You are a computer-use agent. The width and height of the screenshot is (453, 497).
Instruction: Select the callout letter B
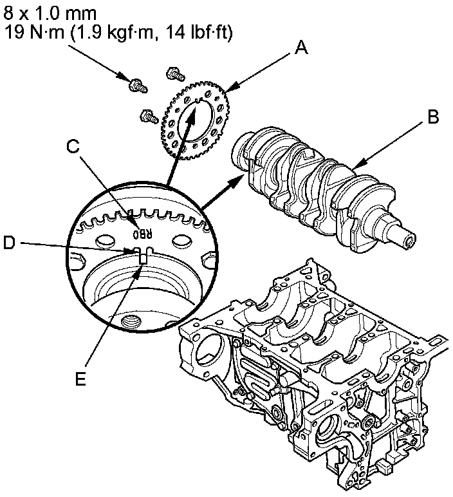pyautogui.click(x=433, y=117)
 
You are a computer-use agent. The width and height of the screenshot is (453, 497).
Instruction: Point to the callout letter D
pyautogui.click(x=8, y=243)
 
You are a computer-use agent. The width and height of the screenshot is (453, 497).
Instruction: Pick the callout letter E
pyautogui.click(x=79, y=379)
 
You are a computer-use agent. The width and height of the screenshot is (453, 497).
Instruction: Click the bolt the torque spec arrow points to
pyautogui.click(x=136, y=84)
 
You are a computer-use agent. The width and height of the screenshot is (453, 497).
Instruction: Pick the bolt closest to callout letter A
pyautogui.click(x=173, y=73)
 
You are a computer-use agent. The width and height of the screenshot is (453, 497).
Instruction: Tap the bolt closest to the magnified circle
pyautogui.click(x=147, y=117)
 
